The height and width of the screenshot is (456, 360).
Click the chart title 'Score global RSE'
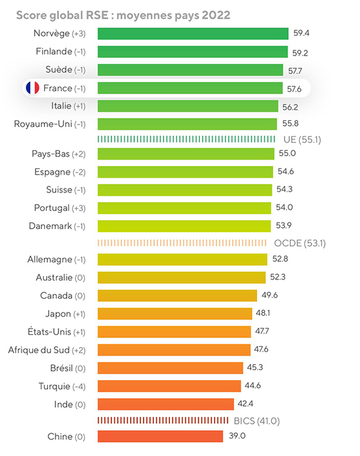(x=62, y=15)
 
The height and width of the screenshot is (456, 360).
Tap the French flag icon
(x=33, y=88)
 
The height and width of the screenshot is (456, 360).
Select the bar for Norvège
(x=193, y=33)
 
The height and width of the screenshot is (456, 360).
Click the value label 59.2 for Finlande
(x=300, y=53)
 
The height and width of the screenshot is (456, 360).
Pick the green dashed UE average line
(x=186, y=139)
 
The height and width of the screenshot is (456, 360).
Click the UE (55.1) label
(x=302, y=140)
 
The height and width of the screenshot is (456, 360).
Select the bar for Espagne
(x=185, y=172)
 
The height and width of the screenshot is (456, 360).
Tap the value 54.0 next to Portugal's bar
(x=284, y=207)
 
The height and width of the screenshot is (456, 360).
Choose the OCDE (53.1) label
(x=300, y=243)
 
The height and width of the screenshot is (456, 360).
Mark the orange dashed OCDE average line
(x=182, y=243)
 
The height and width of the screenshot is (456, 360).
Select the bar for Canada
(x=178, y=295)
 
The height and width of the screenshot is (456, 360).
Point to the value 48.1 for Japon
(x=263, y=313)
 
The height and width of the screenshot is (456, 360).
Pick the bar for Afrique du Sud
(x=174, y=350)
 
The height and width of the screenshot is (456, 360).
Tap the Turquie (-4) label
(x=62, y=386)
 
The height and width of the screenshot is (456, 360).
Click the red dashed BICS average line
(x=163, y=420)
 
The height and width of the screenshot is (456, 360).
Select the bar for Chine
(x=160, y=436)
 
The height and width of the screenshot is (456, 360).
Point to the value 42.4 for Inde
(x=245, y=404)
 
